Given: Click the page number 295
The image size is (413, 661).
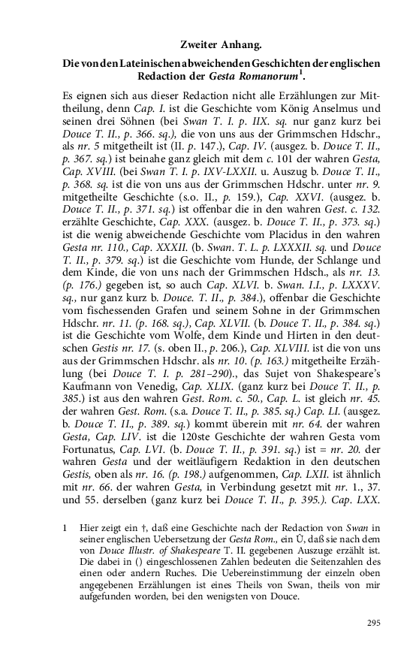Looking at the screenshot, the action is point(374,623).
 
